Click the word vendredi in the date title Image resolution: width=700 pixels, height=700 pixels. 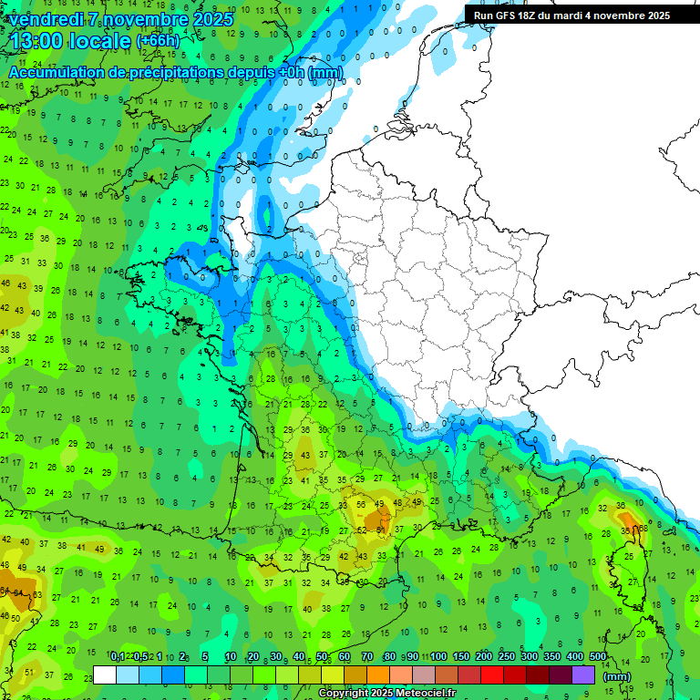pyautogui.click(x=48, y=19)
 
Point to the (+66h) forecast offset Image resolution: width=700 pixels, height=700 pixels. pyautogui.click(x=158, y=41)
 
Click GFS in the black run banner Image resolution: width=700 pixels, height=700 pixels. pyautogui.click(x=511, y=15)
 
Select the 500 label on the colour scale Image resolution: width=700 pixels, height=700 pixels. pyautogui.click(x=598, y=657)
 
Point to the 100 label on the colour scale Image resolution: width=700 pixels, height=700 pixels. pyautogui.click(x=438, y=657)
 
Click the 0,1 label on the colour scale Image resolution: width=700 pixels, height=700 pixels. pyautogui.click(x=118, y=657)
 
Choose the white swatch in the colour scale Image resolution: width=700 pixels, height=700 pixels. pyautogui.click(x=105, y=675)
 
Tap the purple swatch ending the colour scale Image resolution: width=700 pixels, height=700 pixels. pyautogui.click(x=583, y=675)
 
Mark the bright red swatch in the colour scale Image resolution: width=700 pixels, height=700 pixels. pyautogui.click(x=492, y=675)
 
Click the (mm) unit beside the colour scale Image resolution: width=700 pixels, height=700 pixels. pyautogui.click(x=617, y=676)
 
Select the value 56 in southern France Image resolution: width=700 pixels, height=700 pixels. pyautogui.click(x=361, y=504)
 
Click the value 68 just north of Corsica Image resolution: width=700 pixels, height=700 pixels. pyautogui.click(x=643, y=528)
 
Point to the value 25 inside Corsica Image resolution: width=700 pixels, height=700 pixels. pyautogui.click(x=629, y=556)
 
